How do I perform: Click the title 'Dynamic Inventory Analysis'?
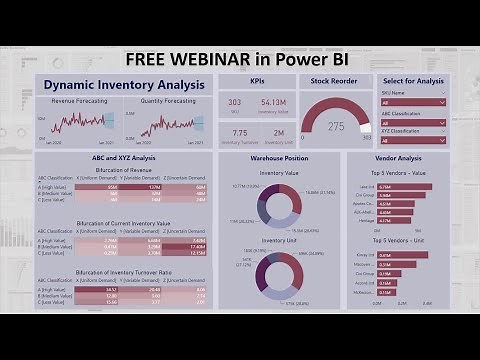click(124, 85)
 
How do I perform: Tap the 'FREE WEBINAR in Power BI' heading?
click(241, 57)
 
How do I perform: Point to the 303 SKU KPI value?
click(234, 102)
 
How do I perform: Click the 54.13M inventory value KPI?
click(273, 102)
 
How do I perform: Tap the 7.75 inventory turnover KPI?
click(240, 132)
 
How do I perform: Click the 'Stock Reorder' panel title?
click(335, 81)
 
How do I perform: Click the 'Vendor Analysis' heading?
click(398, 158)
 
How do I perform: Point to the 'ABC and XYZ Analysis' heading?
click(123, 158)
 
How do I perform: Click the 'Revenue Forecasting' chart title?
click(77, 100)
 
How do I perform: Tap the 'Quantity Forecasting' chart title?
click(167, 100)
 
